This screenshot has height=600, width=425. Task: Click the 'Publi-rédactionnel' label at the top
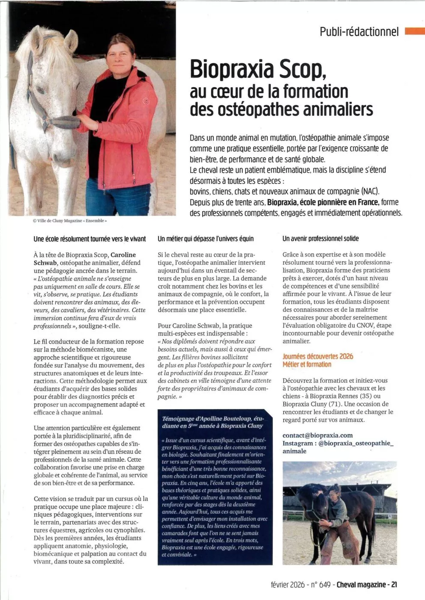359,31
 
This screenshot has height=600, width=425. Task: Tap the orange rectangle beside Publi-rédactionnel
414,30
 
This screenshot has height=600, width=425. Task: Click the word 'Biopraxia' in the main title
233,69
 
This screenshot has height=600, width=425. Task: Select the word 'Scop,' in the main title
304,69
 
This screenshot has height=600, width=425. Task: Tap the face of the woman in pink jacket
119,55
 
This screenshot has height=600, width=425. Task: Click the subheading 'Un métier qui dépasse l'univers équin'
206,239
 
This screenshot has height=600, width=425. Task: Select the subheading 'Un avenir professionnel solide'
320,239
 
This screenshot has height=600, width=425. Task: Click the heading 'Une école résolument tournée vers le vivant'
90,239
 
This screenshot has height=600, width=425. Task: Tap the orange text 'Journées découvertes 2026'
318,356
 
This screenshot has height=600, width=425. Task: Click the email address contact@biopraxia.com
317,435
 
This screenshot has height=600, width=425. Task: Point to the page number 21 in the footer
394,584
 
